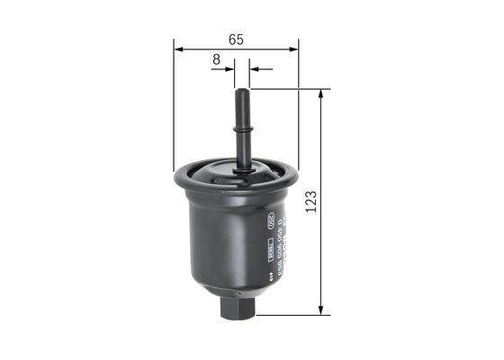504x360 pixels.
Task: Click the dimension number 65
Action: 236,39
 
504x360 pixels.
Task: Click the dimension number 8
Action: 216,59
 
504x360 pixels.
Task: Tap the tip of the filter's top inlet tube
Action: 242,92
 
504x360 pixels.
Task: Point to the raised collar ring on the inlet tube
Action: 242,130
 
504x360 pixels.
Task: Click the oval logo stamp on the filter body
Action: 268,220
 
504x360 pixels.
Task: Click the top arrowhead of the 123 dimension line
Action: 321,94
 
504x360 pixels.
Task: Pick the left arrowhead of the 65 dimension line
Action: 178,49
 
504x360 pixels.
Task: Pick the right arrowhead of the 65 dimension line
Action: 293,49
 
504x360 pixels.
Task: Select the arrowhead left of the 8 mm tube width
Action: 230,68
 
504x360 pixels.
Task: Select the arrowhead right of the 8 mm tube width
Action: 255,68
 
